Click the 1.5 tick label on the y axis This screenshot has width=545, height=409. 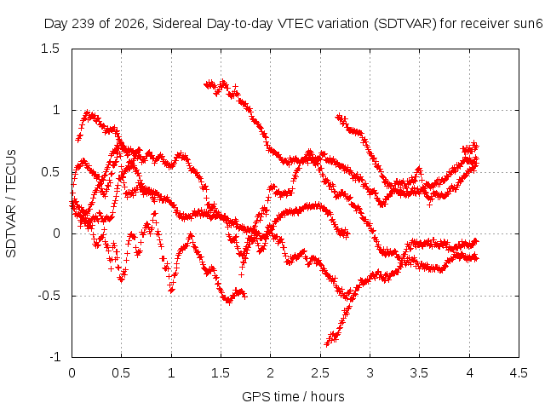pos(50,49)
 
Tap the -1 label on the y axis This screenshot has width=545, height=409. pos(54,357)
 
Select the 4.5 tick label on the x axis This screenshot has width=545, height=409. pos(519,373)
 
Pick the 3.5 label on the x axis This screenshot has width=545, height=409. pos(419,373)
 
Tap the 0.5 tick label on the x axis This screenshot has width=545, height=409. pos(121,373)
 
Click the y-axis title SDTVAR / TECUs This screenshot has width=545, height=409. pos(11,204)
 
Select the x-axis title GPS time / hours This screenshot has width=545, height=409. pos(293,396)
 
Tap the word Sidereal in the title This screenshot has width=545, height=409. pos(177,24)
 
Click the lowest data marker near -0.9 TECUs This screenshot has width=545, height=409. pos(327,344)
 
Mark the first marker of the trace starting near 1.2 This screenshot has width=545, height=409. pos(206,84)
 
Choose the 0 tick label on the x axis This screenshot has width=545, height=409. pos(72,373)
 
